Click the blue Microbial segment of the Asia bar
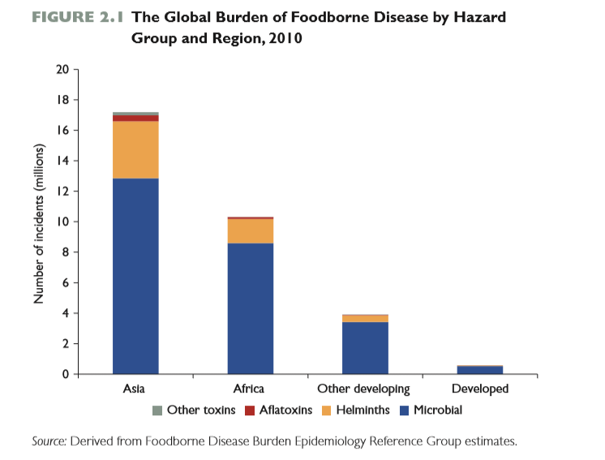coord(135,276)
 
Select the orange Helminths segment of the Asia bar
coord(135,149)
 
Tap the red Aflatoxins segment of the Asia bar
coord(135,118)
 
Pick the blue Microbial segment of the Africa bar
coord(250,308)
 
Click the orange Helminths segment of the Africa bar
coord(250,231)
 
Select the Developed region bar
coord(479,370)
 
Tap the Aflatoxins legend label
coord(285,411)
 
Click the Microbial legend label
coord(437,411)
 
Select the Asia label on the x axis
coord(134,389)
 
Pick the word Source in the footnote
coord(49,441)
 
